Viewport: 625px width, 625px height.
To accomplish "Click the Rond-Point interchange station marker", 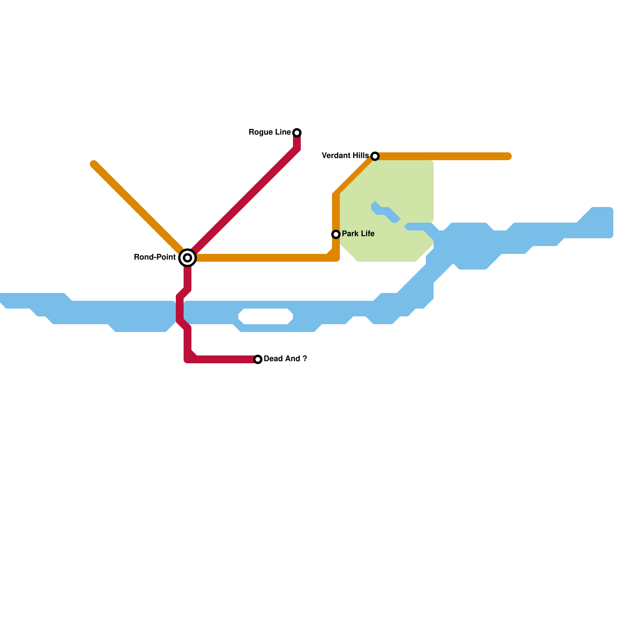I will pyautogui.click(x=187, y=258).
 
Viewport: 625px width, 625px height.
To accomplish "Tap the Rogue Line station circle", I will pyautogui.click(x=297, y=133).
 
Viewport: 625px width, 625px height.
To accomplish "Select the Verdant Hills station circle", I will pyautogui.click(x=375, y=156).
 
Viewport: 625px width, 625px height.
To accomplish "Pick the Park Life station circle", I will pyautogui.click(x=336, y=234).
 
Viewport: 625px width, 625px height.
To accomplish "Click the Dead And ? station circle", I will pyautogui.click(x=258, y=359).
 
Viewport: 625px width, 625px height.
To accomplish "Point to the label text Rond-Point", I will pyautogui.click(x=155, y=257).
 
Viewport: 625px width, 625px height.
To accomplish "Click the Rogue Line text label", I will pyautogui.click(x=270, y=132).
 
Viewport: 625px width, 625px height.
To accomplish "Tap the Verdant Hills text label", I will pyautogui.click(x=345, y=156).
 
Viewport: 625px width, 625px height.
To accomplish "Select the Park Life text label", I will pyautogui.click(x=358, y=234).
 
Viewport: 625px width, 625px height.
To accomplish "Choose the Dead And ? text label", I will pyautogui.click(x=285, y=359).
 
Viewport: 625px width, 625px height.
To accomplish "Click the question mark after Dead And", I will pyautogui.click(x=305, y=359).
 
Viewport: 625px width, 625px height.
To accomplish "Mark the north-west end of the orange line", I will pyautogui.click(x=94, y=164).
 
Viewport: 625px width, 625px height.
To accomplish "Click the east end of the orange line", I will pyautogui.click(x=509, y=156).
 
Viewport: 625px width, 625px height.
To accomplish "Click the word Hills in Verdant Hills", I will pyautogui.click(x=360, y=156).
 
